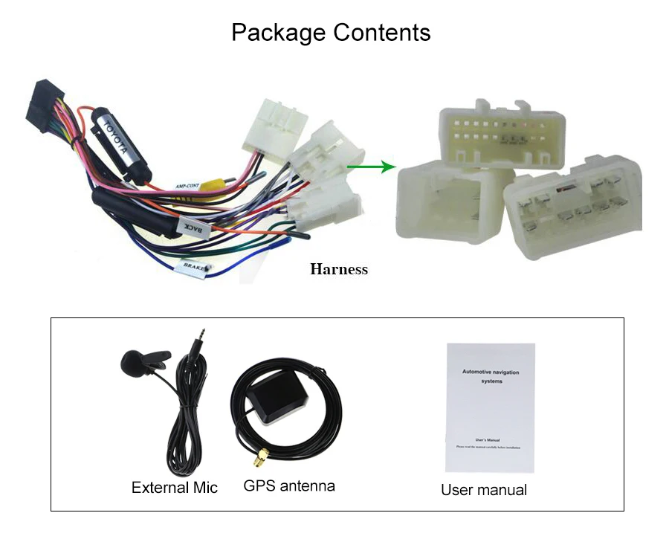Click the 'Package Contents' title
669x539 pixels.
coord(331,33)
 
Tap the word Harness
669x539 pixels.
coord(338,269)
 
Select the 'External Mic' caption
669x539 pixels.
coord(175,488)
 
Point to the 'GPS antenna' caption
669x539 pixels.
coord(289,486)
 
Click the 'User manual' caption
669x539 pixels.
coord(484,489)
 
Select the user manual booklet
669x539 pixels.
coord(491,407)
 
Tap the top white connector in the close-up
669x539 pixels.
coord(502,136)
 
